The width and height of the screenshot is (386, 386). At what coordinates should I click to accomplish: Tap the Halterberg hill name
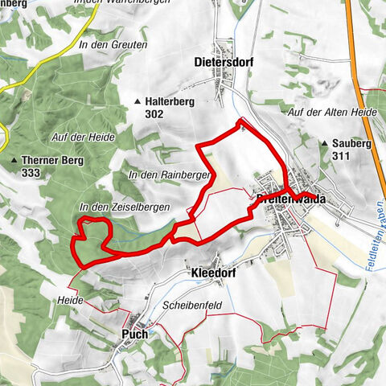pos(171,102)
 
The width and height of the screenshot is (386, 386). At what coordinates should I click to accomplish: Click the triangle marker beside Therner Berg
pos(15,161)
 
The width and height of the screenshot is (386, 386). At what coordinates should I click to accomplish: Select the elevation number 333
pos(32,173)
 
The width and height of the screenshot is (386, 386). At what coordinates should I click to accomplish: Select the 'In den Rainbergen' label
pos(167,175)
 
